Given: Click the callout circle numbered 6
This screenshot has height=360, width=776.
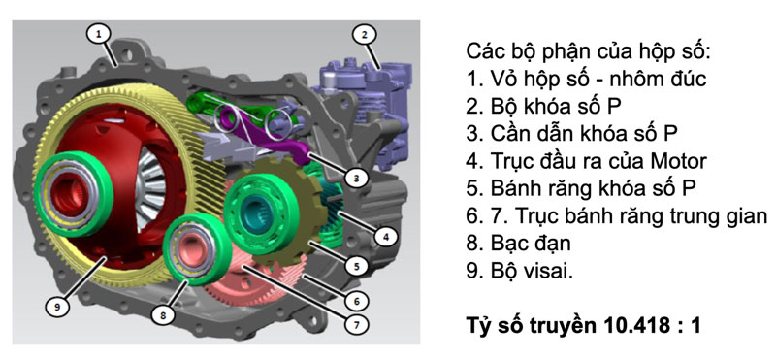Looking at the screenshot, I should tap(356, 302).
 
